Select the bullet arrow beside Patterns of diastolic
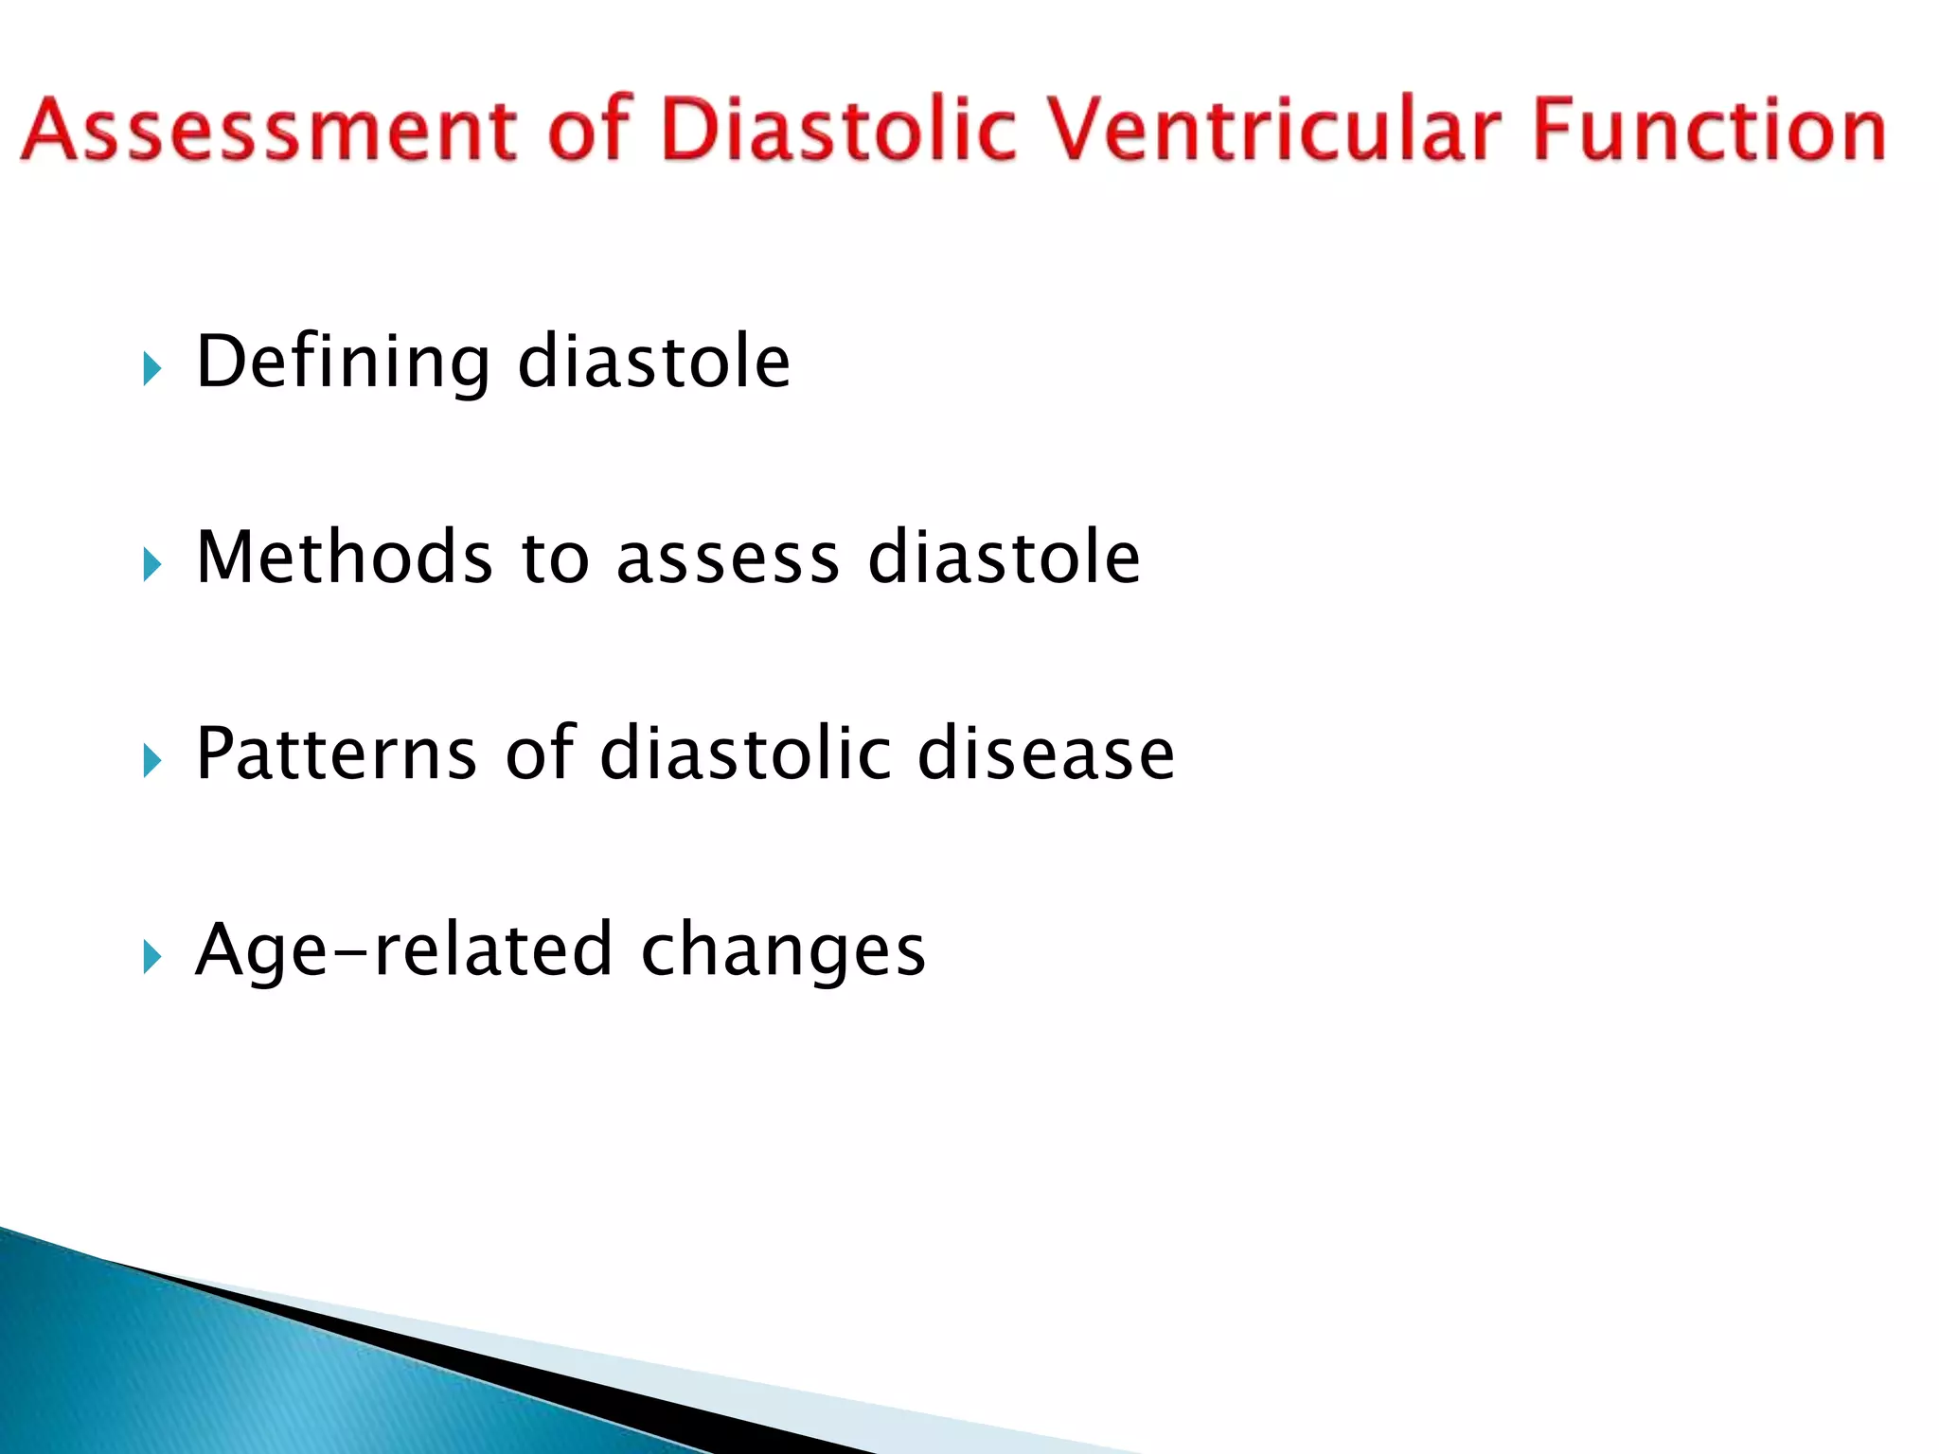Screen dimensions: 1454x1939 (x=151, y=759)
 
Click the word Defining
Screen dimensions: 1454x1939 (x=343, y=363)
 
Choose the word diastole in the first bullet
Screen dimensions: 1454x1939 (x=653, y=363)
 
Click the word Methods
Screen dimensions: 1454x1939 (x=345, y=558)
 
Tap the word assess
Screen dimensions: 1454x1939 (x=727, y=559)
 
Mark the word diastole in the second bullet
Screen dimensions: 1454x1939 (x=1004, y=558)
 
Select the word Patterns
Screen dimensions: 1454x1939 (x=337, y=754)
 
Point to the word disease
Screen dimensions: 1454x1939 (x=1046, y=754)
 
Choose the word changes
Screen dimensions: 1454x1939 (x=783, y=951)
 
